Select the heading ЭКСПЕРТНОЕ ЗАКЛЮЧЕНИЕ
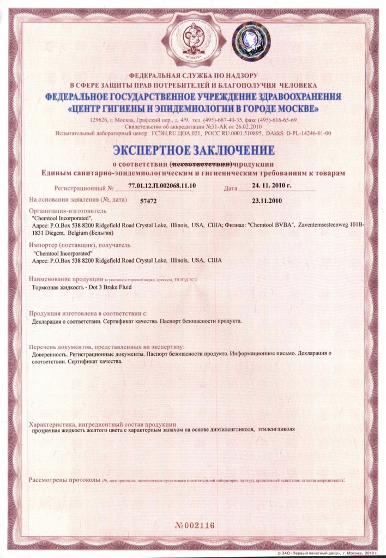click(x=194, y=149)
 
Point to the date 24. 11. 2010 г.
click(x=272, y=187)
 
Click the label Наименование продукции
click(x=66, y=279)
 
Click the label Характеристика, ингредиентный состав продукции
click(x=102, y=424)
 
